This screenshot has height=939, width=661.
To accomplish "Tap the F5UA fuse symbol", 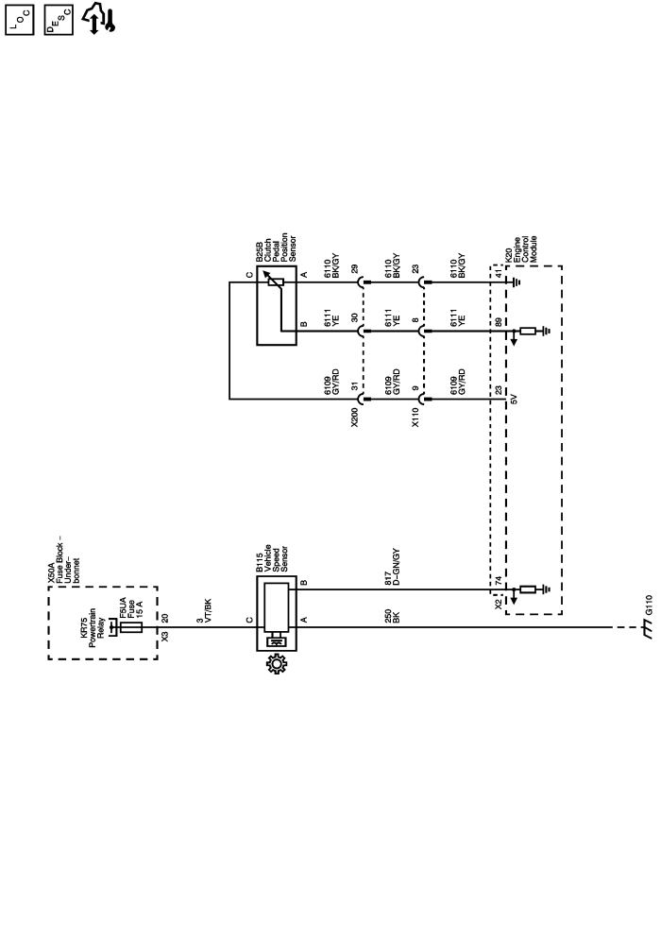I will click(x=131, y=627).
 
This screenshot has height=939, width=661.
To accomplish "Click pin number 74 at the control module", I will click(x=498, y=582).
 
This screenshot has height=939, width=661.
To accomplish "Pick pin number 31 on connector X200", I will click(x=354, y=387).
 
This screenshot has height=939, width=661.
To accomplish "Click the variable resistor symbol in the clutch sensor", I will click(x=277, y=282).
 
